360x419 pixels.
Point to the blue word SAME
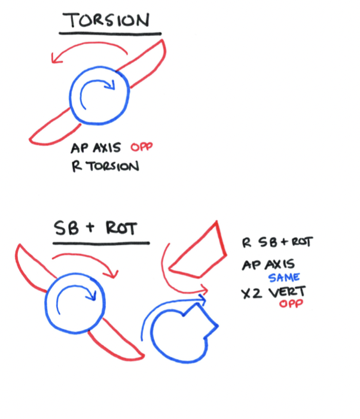pyautogui.click(x=283, y=278)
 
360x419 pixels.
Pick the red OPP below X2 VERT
pyautogui.click(x=289, y=305)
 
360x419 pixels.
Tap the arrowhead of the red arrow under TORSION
pyautogui.click(x=56, y=59)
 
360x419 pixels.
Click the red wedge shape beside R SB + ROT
pyautogui.click(x=197, y=254)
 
